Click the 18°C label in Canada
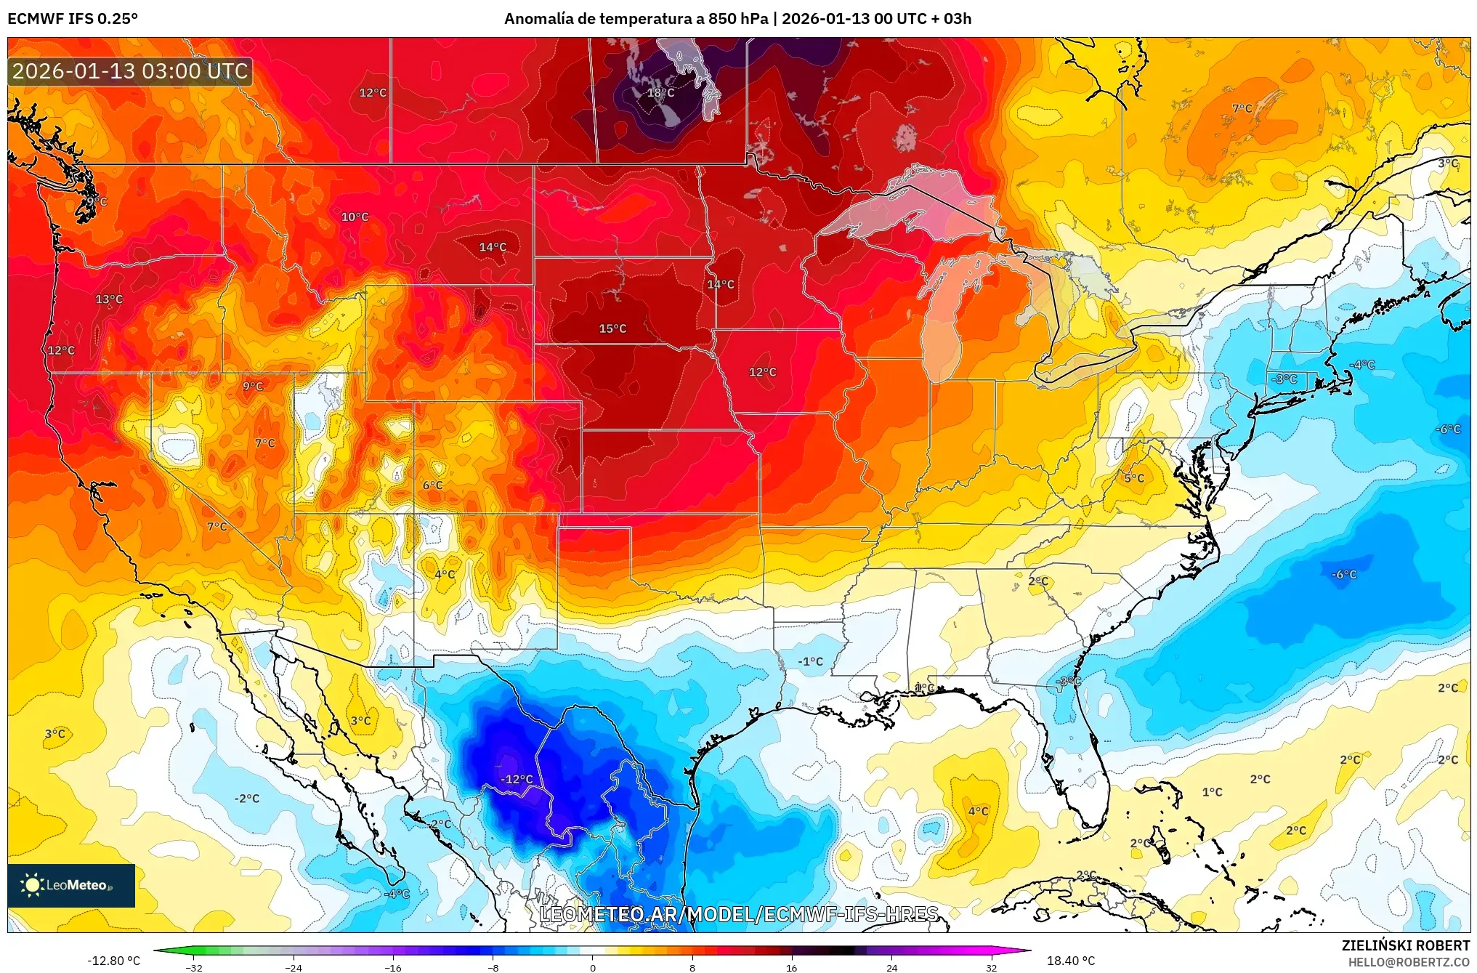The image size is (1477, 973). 660,93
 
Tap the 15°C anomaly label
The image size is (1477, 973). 612,328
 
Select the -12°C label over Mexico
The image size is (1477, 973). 517,779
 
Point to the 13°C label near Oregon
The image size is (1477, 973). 109,299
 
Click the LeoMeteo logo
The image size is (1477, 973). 71,885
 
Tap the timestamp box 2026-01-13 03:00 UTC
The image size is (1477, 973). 130,71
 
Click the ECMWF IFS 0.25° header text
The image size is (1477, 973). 73,19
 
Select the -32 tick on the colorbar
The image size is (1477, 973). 194,967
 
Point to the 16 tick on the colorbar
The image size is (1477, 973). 791,967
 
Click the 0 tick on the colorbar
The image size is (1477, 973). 593,967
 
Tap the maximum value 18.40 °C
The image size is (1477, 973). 1070,961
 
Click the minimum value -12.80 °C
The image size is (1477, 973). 114,961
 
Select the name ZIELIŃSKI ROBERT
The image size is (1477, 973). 1405,945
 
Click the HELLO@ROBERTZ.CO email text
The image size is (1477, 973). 1409,962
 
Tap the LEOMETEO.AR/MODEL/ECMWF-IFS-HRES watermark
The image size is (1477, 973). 738,914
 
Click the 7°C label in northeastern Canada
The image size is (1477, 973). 1242,108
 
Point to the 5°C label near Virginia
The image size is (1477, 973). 1134,478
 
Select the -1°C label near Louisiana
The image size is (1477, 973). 810,661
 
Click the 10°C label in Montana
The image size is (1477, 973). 355,217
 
